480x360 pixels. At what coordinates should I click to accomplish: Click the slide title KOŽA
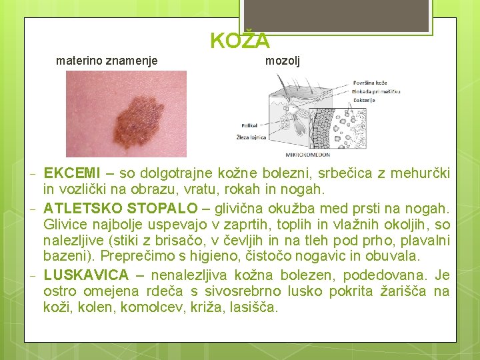coord(240,41)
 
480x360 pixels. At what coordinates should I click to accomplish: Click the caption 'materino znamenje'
coord(107,61)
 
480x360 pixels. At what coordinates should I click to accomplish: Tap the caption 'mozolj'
coord(283,61)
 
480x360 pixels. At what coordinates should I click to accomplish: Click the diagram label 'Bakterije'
coord(365,101)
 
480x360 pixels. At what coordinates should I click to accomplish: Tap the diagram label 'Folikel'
coord(249,125)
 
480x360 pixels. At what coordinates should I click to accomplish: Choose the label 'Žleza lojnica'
coord(251,137)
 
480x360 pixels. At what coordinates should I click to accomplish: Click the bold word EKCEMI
coord(72,174)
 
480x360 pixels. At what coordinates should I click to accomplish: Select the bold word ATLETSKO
coord(83,209)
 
